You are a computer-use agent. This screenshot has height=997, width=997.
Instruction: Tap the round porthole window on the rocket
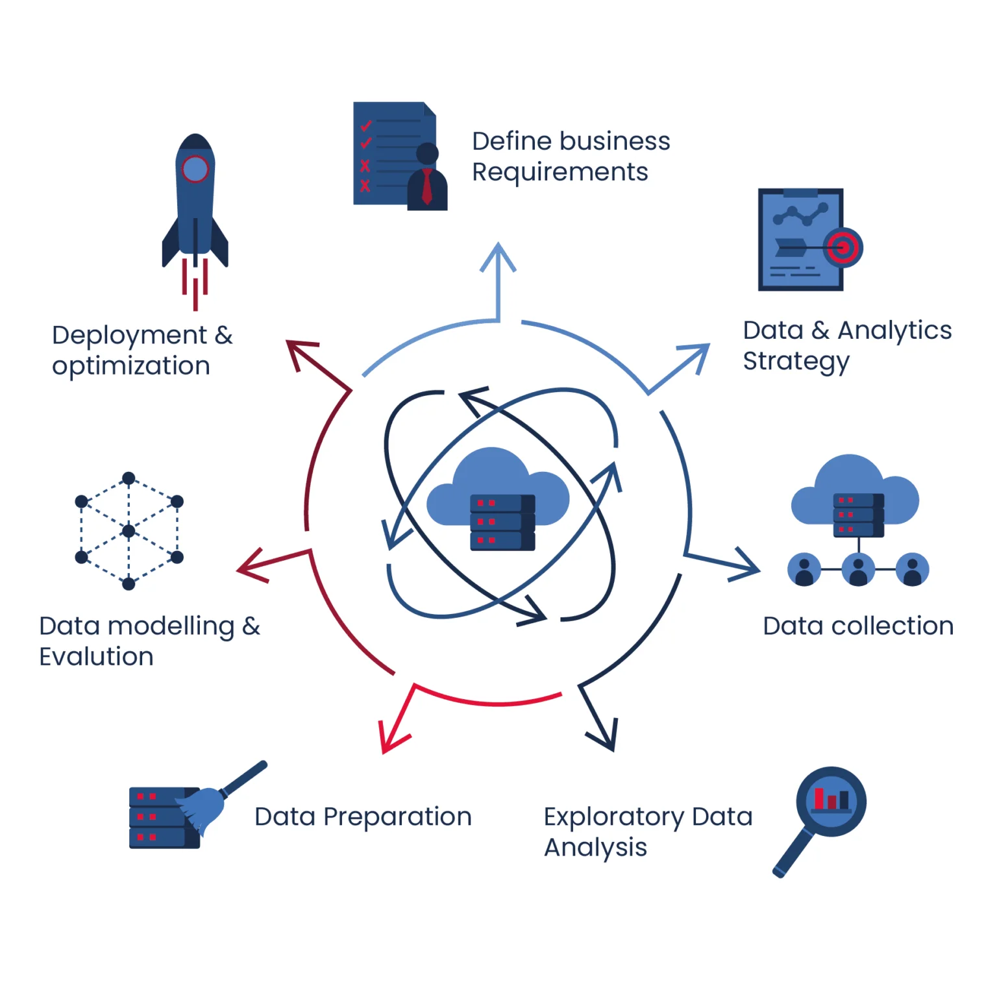(x=195, y=169)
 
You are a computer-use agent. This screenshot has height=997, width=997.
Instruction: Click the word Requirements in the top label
(x=560, y=172)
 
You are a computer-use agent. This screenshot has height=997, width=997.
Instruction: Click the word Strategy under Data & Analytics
(x=796, y=362)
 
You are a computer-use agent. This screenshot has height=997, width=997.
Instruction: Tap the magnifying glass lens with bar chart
(x=831, y=800)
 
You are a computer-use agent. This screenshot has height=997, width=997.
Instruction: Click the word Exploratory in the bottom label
(x=613, y=817)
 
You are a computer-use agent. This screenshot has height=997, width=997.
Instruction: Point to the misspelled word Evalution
(x=96, y=657)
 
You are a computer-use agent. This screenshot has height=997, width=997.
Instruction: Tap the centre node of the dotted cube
(x=129, y=531)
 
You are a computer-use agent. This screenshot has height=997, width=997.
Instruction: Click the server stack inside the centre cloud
(x=502, y=522)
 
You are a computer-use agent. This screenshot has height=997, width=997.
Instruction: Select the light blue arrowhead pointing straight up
(x=498, y=256)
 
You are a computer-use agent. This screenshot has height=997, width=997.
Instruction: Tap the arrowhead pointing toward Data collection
(x=746, y=566)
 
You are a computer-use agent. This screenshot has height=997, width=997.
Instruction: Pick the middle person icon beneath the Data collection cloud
(x=858, y=569)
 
